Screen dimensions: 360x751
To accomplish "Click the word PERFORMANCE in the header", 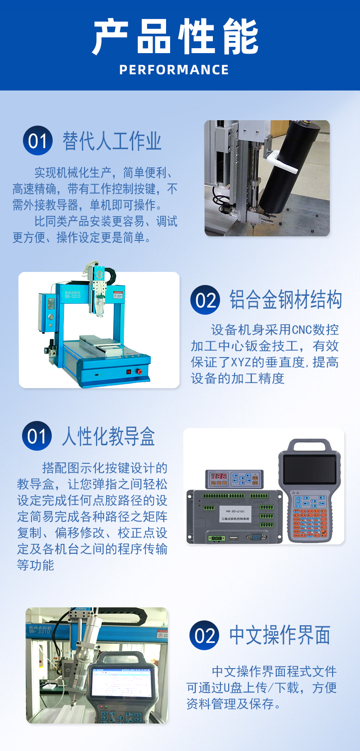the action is (x=174, y=70).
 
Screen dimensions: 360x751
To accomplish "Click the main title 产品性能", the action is (x=175, y=36).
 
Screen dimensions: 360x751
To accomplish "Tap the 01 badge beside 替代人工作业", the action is (x=37, y=140).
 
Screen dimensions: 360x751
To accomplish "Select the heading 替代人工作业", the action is (x=112, y=141).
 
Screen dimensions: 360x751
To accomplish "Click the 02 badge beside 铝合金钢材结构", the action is (x=205, y=300).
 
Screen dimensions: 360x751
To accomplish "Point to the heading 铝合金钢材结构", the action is (x=286, y=299).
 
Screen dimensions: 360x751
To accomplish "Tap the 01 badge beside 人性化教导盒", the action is (x=37, y=436).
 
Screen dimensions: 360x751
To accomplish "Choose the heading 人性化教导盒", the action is (x=108, y=436).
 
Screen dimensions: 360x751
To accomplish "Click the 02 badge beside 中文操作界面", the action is (x=204, y=635).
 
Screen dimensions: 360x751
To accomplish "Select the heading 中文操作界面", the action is (x=280, y=635).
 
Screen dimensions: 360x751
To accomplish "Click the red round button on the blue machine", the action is (x=139, y=371).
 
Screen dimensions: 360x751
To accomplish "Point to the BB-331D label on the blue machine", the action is (x=73, y=296).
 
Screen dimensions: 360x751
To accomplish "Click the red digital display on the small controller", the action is (x=219, y=476).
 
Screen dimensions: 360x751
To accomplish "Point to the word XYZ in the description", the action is (x=241, y=362).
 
